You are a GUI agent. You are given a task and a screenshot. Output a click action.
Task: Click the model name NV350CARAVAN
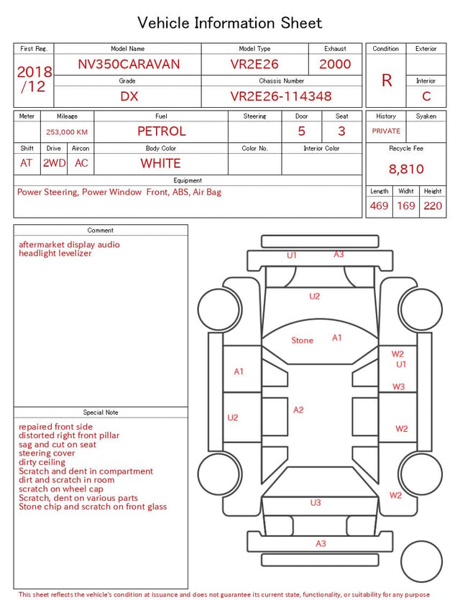(x=129, y=64)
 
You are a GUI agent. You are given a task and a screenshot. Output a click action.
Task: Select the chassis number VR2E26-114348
(x=281, y=96)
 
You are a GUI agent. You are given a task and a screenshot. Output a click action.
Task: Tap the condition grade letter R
(x=387, y=80)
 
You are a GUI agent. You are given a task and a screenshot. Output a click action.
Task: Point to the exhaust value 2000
(x=335, y=64)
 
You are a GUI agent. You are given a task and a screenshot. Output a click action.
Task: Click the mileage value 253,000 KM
(x=67, y=132)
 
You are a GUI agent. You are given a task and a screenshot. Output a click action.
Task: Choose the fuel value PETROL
(x=162, y=131)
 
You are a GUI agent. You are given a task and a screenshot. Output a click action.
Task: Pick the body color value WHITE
(x=160, y=163)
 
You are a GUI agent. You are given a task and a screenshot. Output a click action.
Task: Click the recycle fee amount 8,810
(x=406, y=169)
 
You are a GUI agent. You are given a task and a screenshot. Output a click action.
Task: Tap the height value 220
(x=433, y=206)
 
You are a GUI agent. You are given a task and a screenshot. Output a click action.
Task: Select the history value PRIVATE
(x=386, y=131)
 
